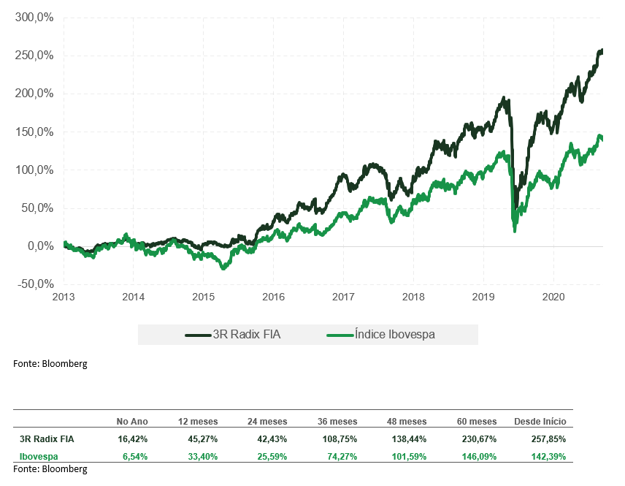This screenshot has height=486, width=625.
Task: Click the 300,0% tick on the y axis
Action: [x=34, y=18]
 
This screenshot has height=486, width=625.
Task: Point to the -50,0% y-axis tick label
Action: [x=34, y=284]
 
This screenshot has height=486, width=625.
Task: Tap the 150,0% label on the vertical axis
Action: [x=34, y=132]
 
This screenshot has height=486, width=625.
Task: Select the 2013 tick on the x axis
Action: [x=64, y=297]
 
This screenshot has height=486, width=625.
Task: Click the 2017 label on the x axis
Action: [x=343, y=297]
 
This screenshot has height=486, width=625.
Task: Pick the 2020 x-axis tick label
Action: [x=553, y=297]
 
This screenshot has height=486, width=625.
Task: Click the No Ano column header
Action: [x=132, y=422]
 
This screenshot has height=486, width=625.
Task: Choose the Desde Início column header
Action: [x=540, y=422]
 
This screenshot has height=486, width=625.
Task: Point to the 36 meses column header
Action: [x=337, y=422]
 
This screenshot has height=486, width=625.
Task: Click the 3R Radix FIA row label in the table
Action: [x=47, y=439]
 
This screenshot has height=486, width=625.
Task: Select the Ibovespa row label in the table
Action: [x=39, y=457]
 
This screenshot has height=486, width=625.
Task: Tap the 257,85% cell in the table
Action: [x=550, y=439]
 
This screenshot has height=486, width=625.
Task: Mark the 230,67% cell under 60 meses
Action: [x=480, y=439]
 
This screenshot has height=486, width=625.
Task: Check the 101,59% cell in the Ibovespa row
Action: [x=410, y=457]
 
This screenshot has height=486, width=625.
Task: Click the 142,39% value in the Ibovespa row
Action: [x=550, y=457]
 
